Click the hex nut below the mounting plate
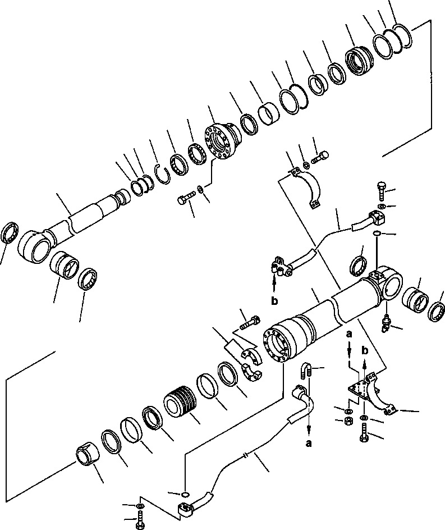[348, 421]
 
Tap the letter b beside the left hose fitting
[274, 300]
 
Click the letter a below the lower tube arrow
[309, 444]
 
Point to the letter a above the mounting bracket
[349, 334]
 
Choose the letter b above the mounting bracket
[365, 350]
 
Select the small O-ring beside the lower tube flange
[185, 494]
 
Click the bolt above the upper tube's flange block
[380, 190]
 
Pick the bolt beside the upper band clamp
[320, 157]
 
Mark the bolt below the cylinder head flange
[186, 198]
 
